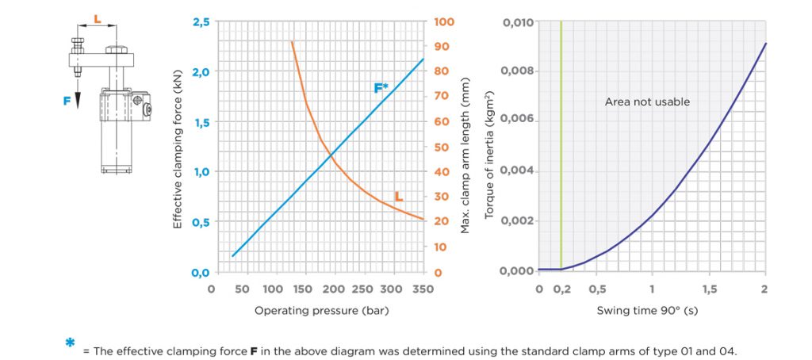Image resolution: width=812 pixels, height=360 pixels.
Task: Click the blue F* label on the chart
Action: click(381, 88)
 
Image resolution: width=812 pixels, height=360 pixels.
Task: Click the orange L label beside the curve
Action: click(399, 196)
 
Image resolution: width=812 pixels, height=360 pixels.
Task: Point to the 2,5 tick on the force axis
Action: click(201, 21)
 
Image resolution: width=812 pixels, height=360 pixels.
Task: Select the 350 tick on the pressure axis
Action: click(423, 289)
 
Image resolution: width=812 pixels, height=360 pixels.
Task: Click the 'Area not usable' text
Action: click(647, 101)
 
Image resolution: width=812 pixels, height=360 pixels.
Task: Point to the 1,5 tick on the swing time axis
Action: click(708, 289)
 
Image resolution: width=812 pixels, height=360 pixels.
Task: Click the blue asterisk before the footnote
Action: click(70, 343)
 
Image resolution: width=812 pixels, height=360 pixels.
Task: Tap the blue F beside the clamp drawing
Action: click(67, 101)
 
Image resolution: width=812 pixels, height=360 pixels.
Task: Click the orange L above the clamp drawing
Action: click(97, 16)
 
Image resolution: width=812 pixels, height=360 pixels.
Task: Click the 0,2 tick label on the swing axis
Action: click(561, 289)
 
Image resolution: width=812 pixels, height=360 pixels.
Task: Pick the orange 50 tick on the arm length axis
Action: click(440, 147)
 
